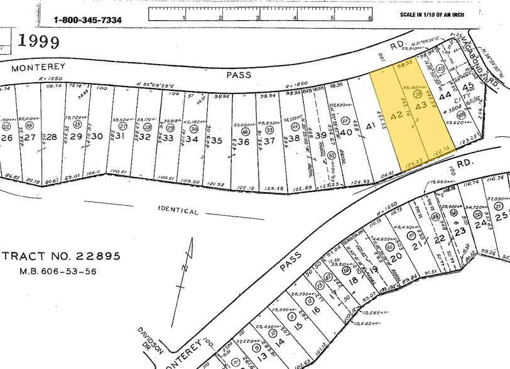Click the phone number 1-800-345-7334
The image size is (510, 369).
[x=88, y=19]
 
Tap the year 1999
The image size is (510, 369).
[x=38, y=42]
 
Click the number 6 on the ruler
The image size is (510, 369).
[x=370, y=18]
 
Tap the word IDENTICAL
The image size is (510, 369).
[x=178, y=211]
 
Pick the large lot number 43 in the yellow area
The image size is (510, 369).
[x=421, y=107]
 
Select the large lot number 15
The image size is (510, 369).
[x=298, y=326]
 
